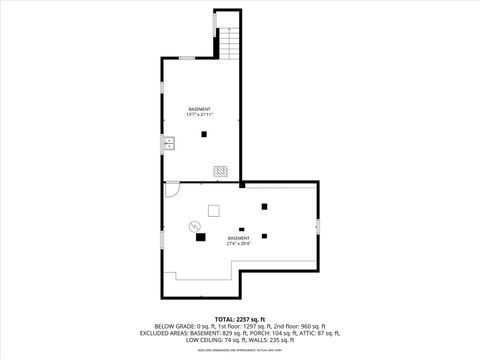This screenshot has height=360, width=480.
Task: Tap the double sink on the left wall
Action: coord(169,143)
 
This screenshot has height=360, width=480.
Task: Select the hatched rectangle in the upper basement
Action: coord(220,170)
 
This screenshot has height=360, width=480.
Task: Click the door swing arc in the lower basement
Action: coord(172,188)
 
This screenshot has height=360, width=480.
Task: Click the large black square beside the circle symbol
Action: coord(201,237)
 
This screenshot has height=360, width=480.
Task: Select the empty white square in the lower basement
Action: coord(213,209)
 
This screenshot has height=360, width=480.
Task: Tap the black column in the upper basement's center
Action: coord(204,133)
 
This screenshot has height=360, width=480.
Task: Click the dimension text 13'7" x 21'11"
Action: coord(200,115)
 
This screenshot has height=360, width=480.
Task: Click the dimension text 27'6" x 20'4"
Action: coord(238,243)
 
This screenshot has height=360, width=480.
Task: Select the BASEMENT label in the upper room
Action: coord(200,108)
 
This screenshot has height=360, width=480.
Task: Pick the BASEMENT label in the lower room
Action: coord(238,237)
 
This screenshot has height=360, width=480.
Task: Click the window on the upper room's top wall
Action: coord(186,59)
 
